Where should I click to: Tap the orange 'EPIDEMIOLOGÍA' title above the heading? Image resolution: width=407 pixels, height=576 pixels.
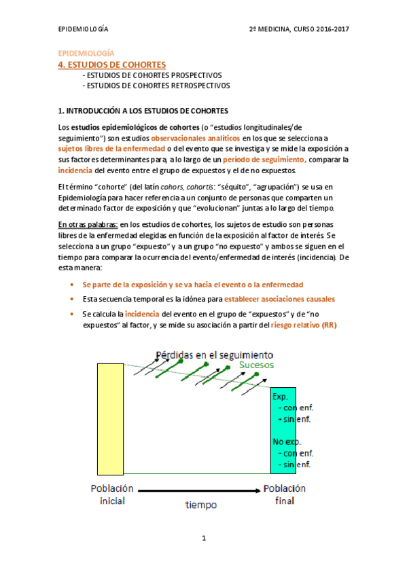click(x=86, y=53)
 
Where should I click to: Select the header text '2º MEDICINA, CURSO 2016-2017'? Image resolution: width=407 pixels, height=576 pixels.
click(x=298, y=30)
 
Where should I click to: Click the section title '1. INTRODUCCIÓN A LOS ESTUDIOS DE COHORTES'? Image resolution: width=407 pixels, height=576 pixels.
click(x=143, y=110)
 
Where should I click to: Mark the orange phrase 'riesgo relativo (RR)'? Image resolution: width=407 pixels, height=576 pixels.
click(x=304, y=325)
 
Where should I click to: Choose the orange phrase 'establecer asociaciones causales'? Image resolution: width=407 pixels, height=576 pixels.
click(x=279, y=299)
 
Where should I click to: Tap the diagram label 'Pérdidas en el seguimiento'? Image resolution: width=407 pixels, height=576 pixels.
click(x=214, y=355)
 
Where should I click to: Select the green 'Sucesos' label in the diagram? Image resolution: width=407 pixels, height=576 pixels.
click(x=256, y=365)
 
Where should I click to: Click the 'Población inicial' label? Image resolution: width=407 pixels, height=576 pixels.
click(x=112, y=494)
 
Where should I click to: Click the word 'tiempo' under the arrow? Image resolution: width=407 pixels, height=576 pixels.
click(x=200, y=505)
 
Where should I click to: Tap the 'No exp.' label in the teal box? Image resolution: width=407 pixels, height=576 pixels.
click(x=285, y=442)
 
